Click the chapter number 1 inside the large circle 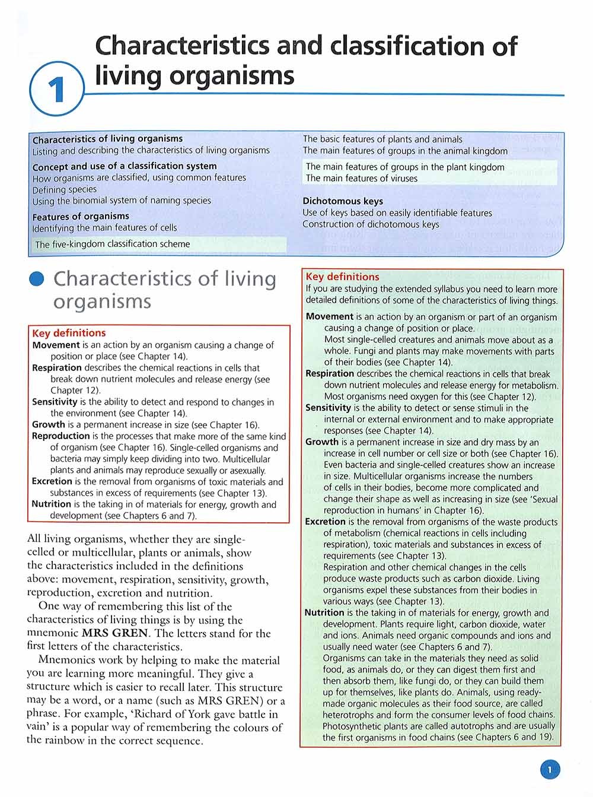pos(56,91)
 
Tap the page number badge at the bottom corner pos(550,770)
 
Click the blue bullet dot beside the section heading pos(37,279)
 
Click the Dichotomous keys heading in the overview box pos(343,201)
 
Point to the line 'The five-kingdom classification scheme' pos(113,244)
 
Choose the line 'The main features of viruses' pos(362,178)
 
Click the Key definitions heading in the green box pos(342,277)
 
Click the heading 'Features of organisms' pos(81,217)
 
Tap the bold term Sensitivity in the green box pos(328,408)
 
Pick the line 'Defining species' pos(65,189)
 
